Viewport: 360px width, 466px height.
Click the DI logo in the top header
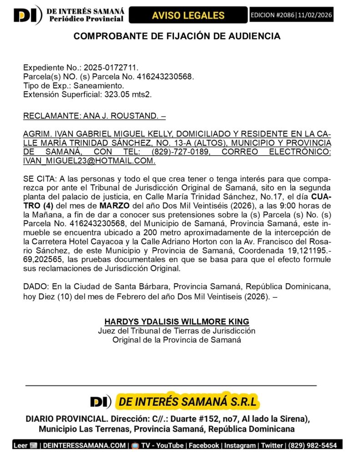point(27,15)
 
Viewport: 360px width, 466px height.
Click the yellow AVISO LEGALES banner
point(188,15)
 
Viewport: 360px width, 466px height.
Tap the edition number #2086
point(280,15)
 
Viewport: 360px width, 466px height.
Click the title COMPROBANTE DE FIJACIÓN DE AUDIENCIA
point(177,36)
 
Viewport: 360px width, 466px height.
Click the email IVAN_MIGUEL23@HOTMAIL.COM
point(89,161)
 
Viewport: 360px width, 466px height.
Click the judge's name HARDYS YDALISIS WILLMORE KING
point(177,322)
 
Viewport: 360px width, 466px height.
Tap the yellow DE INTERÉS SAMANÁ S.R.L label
point(187,401)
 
